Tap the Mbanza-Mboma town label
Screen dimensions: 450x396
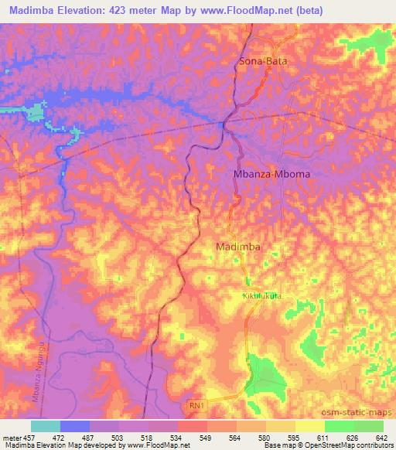[x=271, y=175]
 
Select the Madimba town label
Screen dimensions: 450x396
[x=237, y=247]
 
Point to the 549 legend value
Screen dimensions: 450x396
[x=206, y=438]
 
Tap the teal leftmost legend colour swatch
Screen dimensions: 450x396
[x=45, y=426]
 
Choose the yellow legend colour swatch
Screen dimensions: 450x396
[x=309, y=426]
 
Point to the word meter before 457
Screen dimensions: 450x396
[x=11, y=438]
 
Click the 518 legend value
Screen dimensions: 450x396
[x=148, y=438]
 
